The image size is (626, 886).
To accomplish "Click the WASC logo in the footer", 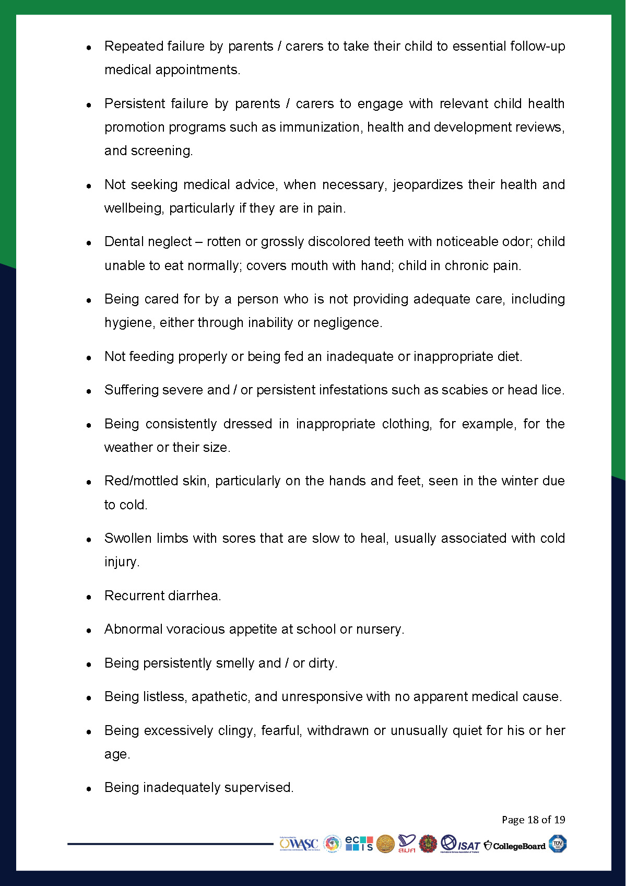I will pyautogui.click(x=299, y=844).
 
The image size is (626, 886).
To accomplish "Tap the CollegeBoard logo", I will pyautogui.click(x=515, y=845).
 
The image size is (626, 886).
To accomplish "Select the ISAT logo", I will pyautogui.click(x=460, y=844).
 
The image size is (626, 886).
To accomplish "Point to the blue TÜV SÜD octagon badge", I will pyautogui.click(x=558, y=844).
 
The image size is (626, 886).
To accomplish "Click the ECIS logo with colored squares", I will pyautogui.click(x=359, y=843).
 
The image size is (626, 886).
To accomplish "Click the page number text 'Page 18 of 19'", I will pyautogui.click(x=533, y=819).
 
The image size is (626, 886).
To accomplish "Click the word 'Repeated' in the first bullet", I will pyautogui.click(x=134, y=46).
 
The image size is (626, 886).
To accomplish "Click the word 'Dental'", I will pyautogui.click(x=123, y=241).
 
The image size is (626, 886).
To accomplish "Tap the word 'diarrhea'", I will pyautogui.click(x=194, y=596).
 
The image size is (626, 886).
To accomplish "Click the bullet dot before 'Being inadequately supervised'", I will pyautogui.click(x=89, y=788).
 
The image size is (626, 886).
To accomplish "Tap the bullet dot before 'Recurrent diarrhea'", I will pyautogui.click(x=89, y=597).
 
